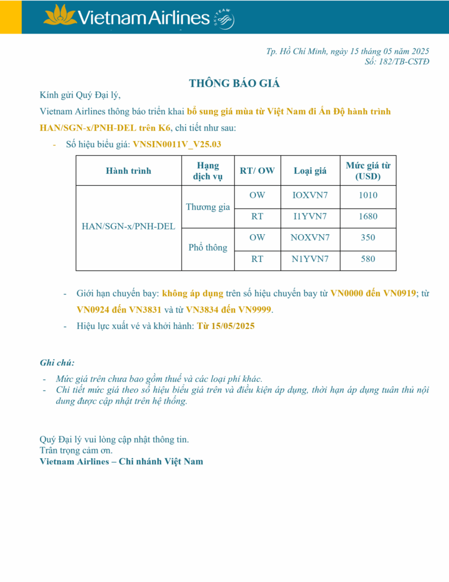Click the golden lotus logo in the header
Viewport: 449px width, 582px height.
coord(60,15)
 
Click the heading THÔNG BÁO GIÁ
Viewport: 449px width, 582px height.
coord(234,84)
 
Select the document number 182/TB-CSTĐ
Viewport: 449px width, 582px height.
coord(404,61)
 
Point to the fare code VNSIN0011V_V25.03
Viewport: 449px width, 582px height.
coord(177,144)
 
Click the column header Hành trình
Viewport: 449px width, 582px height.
coord(128,171)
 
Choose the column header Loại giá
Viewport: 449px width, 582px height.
coord(310,171)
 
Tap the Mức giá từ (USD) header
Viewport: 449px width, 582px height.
coord(368,171)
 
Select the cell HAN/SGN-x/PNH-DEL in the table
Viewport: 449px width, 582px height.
coord(128,226)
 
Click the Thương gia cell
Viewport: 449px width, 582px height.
coord(208,207)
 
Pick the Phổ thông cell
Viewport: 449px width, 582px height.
coord(208,248)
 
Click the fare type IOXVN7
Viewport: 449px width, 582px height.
coord(310,196)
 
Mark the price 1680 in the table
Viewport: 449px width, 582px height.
coord(368,217)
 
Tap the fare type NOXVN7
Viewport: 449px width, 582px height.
coord(310,238)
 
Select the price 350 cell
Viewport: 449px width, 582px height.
coord(368,238)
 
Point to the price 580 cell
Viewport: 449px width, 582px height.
coord(368,259)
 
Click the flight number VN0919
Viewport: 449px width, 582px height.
coord(400,294)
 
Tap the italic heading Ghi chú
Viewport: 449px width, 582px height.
coord(57,363)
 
